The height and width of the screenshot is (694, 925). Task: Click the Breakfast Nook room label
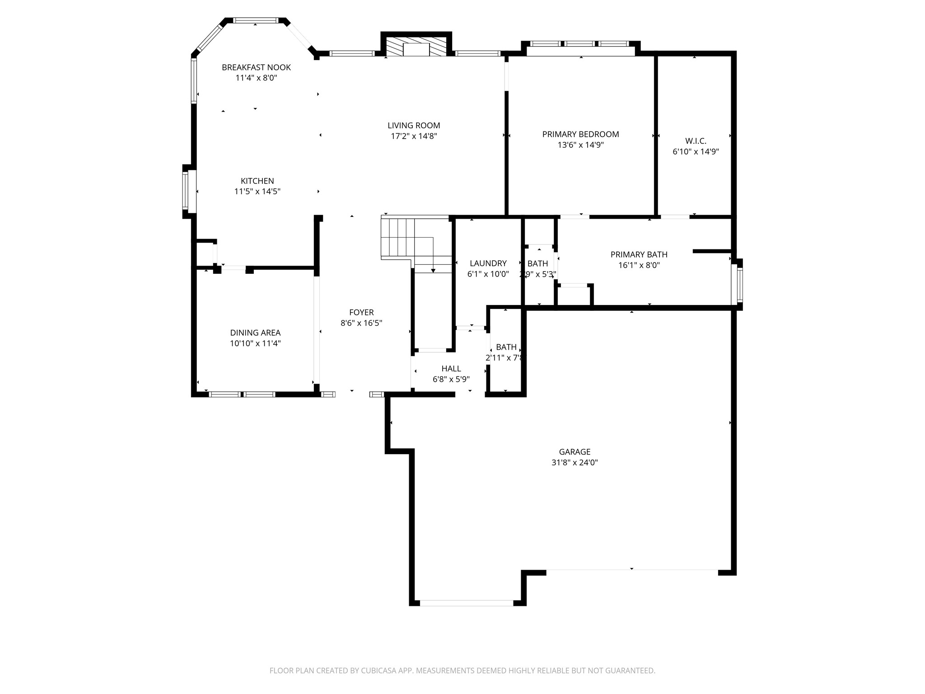[256, 67]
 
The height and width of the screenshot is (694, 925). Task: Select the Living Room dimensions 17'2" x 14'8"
[414, 136]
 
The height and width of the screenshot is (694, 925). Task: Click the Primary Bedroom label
[580, 134]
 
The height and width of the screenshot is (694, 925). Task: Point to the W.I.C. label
[696, 141]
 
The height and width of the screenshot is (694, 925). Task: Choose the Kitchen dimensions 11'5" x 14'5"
[257, 192]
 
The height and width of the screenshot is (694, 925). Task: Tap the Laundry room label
[488, 263]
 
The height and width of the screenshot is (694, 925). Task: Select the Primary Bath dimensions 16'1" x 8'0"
[639, 266]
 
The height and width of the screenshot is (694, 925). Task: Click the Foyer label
[361, 312]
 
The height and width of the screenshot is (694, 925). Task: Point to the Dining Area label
[255, 333]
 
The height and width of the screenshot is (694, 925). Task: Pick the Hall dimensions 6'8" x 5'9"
[451, 380]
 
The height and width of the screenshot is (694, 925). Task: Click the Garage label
[575, 452]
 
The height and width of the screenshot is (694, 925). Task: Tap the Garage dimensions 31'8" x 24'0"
[575, 463]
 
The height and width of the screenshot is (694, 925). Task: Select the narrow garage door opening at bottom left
[466, 603]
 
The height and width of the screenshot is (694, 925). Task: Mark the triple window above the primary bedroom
[580, 44]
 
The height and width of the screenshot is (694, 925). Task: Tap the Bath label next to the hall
[506, 347]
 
